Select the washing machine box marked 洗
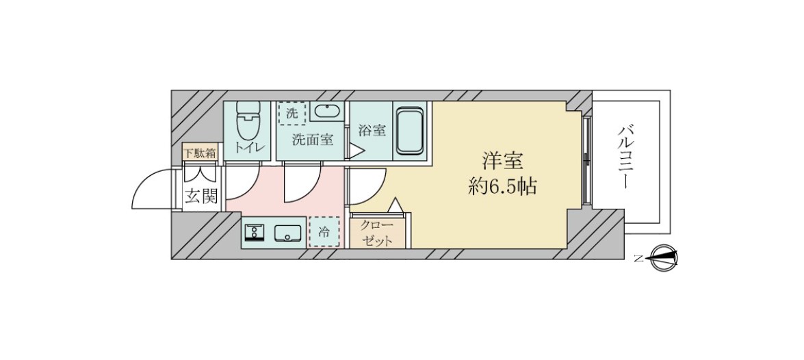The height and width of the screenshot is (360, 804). pos(292,114)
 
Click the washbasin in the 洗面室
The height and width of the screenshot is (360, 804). pos(329,112)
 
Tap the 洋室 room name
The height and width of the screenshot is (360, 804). pos(502,162)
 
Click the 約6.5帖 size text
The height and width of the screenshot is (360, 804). pos(502,186)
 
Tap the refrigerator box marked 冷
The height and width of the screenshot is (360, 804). pos(324,232)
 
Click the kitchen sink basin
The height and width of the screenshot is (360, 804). pos(287,233)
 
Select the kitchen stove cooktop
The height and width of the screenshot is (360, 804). pos(255,233)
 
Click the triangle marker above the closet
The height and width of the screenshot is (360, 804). pos(395,205)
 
